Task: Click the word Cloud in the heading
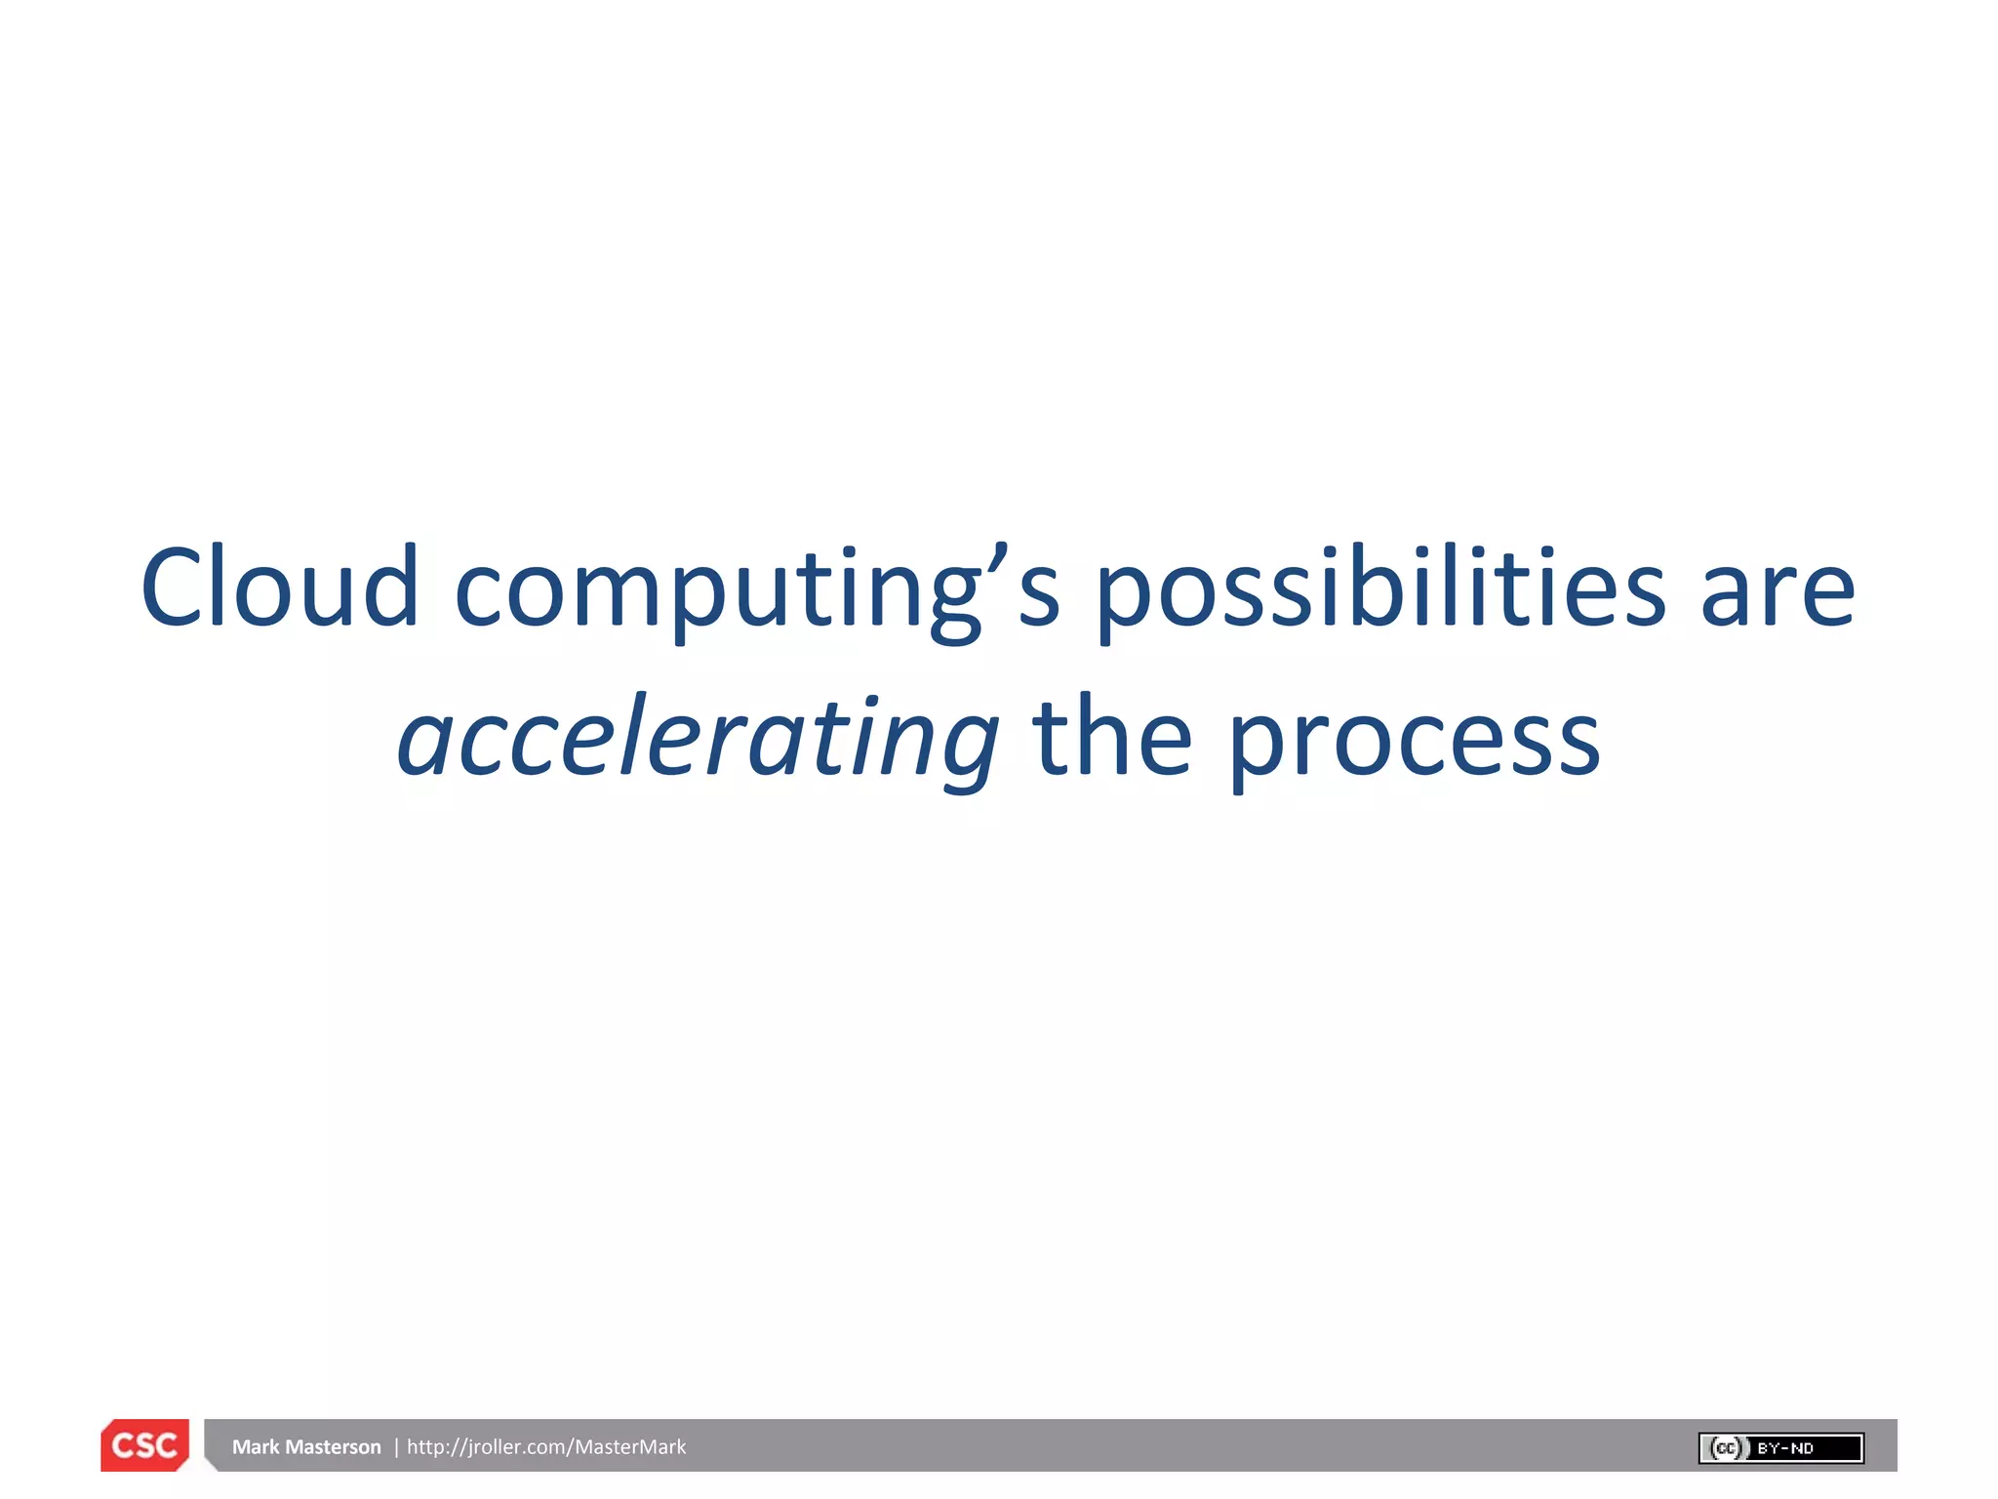pyautogui.click(x=280, y=587)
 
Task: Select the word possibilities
pyautogui.click(x=1380, y=589)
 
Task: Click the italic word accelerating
pyautogui.click(x=698, y=740)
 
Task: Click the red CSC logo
pyautogui.click(x=144, y=1445)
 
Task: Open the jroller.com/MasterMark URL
pyautogui.click(x=546, y=1446)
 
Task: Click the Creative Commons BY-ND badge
pyautogui.click(x=1780, y=1448)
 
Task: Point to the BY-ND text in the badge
pyautogui.click(x=1785, y=1448)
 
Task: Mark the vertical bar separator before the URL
pyautogui.click(x=396, y=1446)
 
